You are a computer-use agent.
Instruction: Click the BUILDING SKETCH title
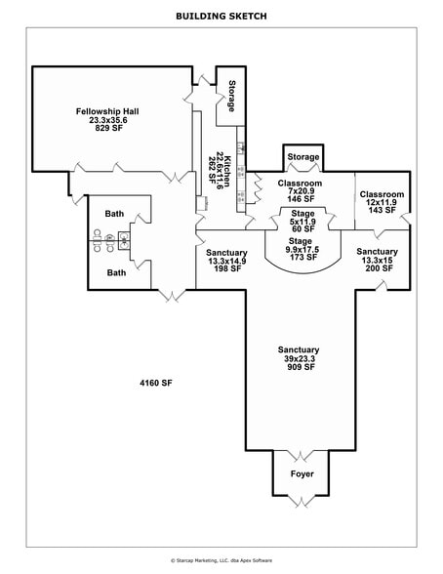tap(221, 16)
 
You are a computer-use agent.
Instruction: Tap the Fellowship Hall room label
tap(107, 111)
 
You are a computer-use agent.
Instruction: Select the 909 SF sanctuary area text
tap(299, 367)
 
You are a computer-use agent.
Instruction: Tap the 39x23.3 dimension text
tap(299, 358)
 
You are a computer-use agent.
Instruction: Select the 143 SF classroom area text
tap(382, 210)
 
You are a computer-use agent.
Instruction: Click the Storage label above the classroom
tap(303, 157)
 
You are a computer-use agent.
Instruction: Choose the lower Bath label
tap(115, 272)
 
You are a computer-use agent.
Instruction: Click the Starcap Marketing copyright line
tap(221, 560)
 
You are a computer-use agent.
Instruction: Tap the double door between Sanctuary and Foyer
tap(302, 457)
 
